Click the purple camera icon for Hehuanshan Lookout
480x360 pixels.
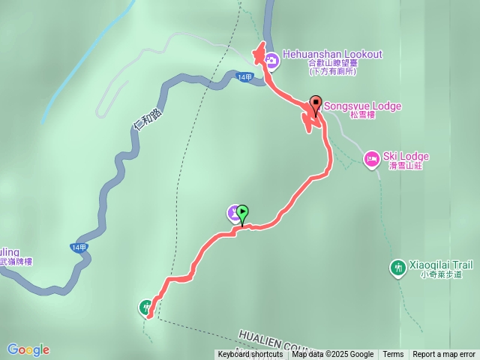(x=270, y=58)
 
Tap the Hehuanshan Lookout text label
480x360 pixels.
(x=332, y=54)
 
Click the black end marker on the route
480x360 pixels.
(x=316, y=103)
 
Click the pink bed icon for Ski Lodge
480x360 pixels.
(x=371, y=158)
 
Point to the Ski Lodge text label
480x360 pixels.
(x=406, y=156)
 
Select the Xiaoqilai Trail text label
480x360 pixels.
(x=442, y=265)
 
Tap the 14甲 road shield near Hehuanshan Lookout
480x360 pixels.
(x=244, y=77)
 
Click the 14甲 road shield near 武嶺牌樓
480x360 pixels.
(x=79, y=247)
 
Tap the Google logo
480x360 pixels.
(x=28, y=349)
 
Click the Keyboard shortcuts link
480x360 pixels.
(x=250, y=355)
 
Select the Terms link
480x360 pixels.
(x=393, y=355)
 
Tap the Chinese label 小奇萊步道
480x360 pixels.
(x=441, y=274)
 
